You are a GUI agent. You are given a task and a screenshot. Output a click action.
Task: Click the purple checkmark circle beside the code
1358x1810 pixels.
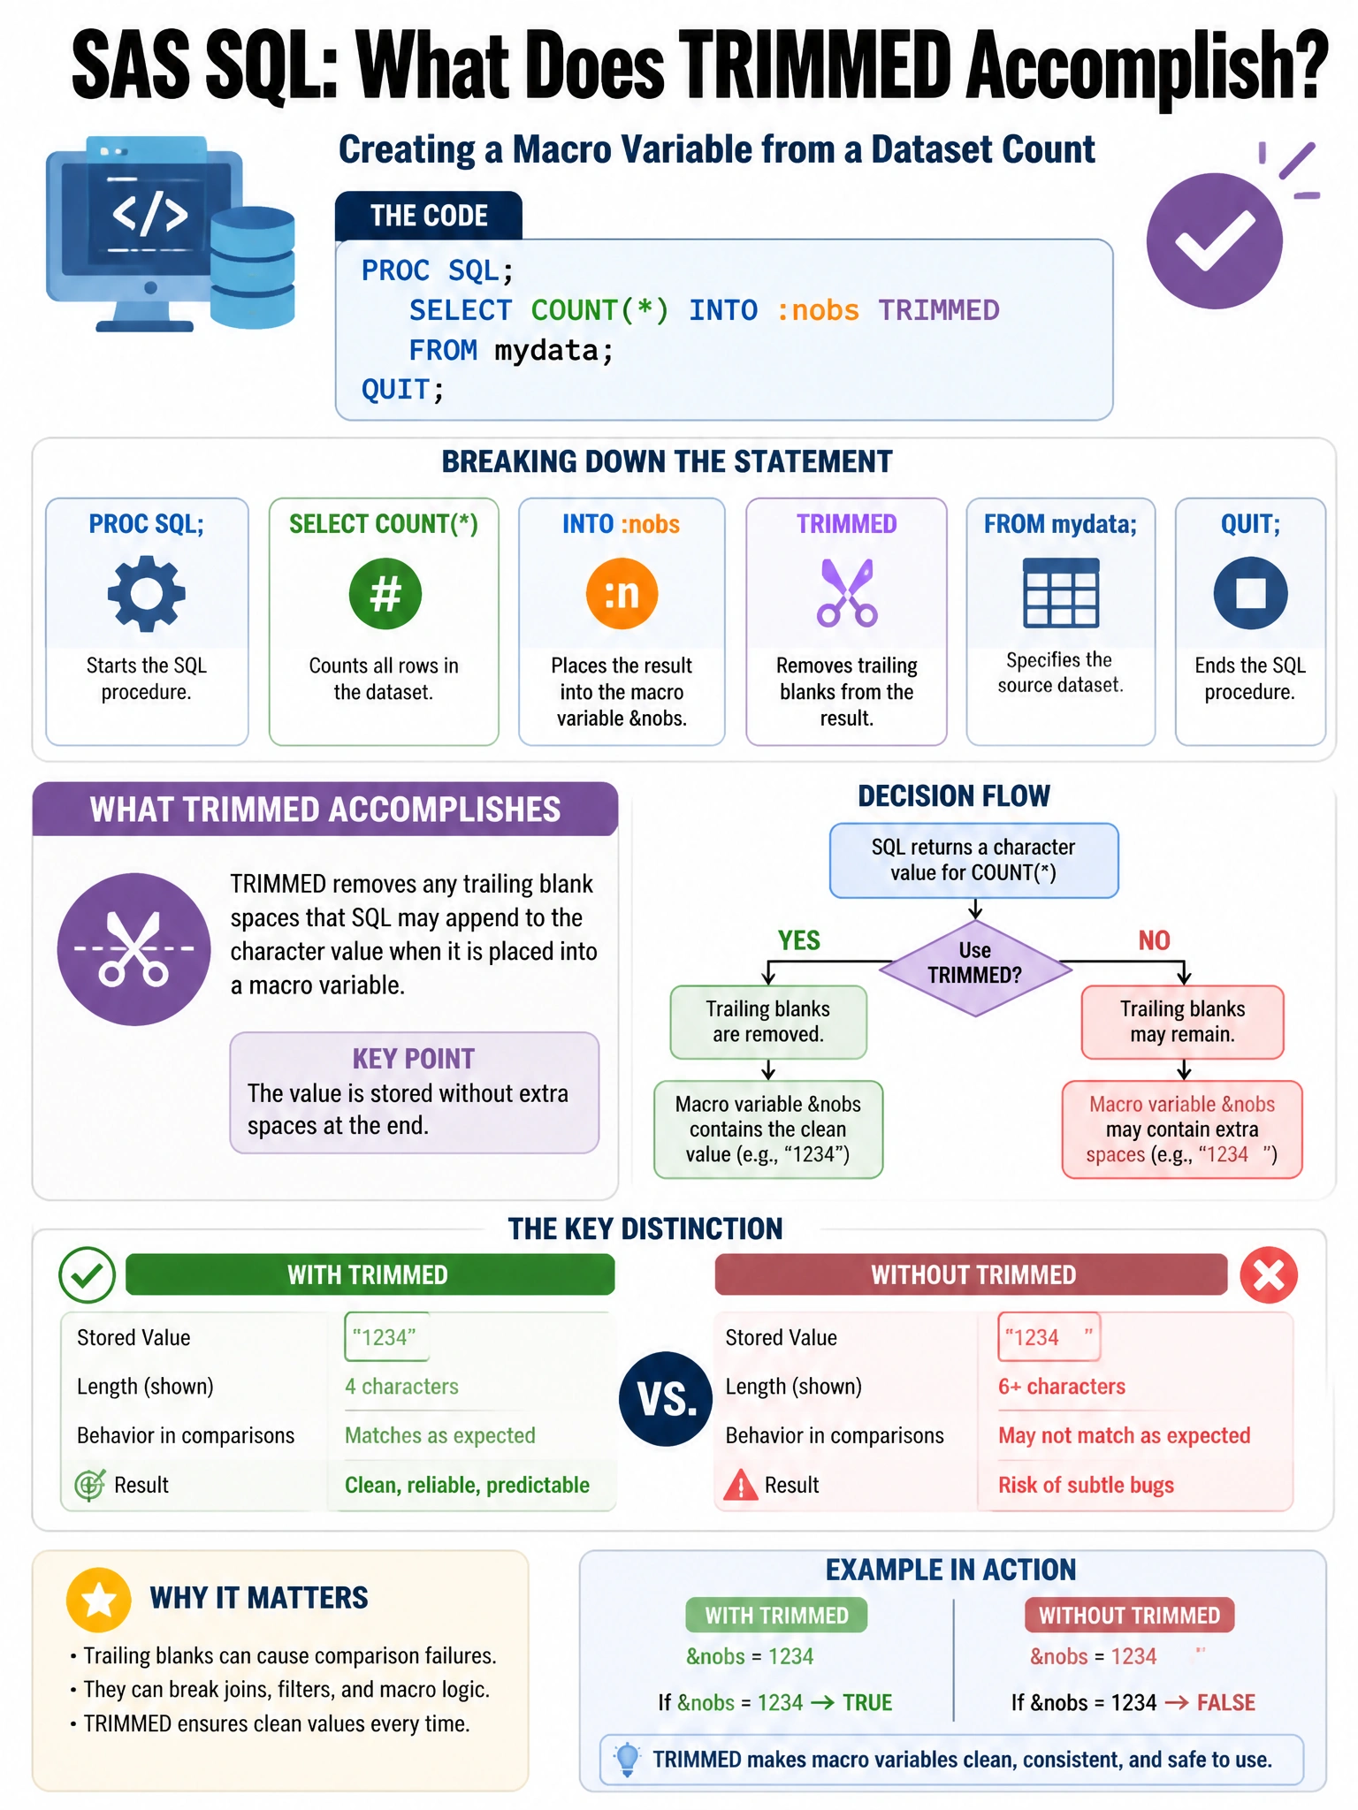1214,240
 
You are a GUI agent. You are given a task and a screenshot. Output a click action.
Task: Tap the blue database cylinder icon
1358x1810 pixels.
252,268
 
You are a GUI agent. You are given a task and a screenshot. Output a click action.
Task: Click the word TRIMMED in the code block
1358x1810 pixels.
938,310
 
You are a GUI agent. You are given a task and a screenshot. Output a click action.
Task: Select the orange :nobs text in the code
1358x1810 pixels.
818,310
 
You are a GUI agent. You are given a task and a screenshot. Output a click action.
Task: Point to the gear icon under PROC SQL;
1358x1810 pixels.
147,593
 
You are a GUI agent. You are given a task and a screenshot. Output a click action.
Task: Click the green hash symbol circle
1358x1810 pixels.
385,593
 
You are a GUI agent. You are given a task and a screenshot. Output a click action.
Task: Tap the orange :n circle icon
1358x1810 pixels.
622,593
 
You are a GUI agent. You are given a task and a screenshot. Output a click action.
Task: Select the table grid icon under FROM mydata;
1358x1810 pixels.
1061,592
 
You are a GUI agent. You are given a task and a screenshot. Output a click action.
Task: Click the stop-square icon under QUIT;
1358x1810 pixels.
1250,593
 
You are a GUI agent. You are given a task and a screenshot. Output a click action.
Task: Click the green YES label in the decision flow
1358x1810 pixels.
799,940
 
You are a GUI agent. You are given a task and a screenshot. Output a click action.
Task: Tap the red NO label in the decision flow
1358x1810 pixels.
1154,940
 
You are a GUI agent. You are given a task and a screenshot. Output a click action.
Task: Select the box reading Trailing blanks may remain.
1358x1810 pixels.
1182,1022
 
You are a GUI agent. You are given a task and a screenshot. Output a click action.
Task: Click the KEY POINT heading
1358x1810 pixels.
414,1059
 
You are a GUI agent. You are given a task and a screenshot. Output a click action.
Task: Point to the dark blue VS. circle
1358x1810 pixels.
666,1399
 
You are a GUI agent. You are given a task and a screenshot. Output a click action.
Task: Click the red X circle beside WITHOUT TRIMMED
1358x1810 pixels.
1269,1274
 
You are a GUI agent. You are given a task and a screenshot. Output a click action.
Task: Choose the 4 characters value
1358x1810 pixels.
401,1387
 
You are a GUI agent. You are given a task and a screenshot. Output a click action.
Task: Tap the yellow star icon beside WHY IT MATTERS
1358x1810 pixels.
99,1600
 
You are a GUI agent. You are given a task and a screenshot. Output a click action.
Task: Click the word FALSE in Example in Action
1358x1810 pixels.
1226,1703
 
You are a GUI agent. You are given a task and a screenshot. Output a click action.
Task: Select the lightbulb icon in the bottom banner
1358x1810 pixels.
627,1760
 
